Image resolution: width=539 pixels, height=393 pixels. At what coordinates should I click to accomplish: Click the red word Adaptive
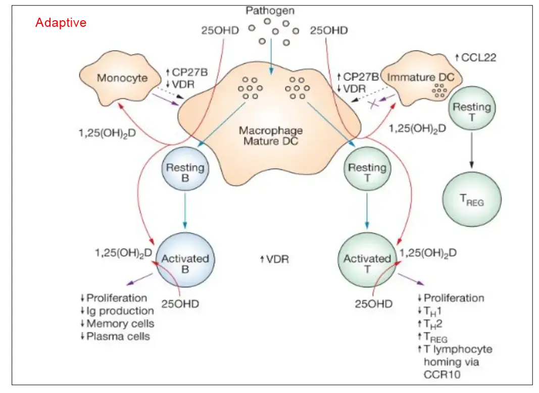point(61,23)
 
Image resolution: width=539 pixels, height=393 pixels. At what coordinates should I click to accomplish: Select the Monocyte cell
point(122,78)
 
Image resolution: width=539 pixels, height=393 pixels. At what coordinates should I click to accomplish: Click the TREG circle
point(472,199)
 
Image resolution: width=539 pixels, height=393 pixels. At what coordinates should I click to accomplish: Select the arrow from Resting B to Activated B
point(185,212)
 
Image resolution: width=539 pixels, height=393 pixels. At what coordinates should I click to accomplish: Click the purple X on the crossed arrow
point(373,104)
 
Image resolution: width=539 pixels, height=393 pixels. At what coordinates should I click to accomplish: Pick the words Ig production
point(120,311)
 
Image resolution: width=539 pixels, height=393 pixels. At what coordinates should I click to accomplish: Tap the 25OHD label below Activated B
point(180,304)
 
